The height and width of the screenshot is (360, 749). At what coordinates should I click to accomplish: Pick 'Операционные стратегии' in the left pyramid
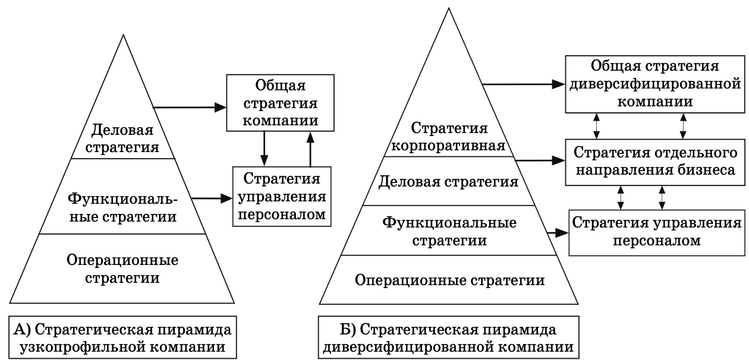coord(123,269)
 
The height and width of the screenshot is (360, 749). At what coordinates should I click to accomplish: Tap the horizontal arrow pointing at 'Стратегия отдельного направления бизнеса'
coord(539,159)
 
